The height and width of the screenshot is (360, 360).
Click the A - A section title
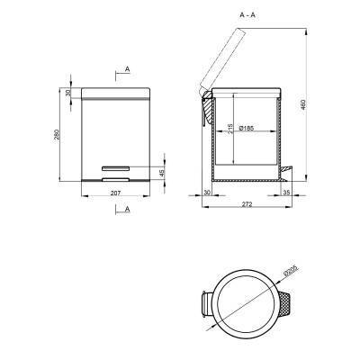point(247,15)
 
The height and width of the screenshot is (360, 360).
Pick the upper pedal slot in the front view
point(116,167)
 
